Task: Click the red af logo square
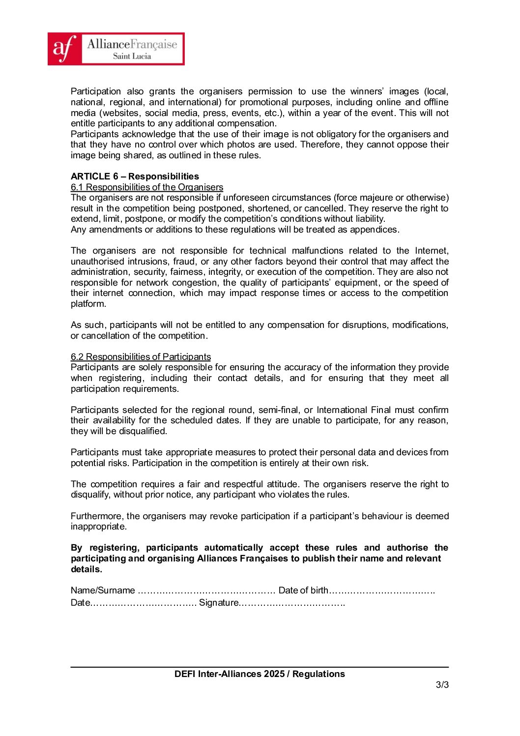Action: [x=64, y=49]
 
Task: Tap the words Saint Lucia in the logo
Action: [x=132, y=56]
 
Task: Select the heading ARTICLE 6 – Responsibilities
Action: [x=135, y=176]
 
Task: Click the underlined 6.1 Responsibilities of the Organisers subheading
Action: [x=147, y=187]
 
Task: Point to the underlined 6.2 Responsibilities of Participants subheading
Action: [x=141, y=356]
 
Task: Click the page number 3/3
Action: [x=442, y=684]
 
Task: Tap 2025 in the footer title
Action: [x=274, y=674]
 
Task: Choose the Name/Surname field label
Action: [x=103, y=590]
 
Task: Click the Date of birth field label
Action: [x=303, y=590]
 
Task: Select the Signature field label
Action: [x=219, y=602]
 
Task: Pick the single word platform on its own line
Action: [x=88, y=303]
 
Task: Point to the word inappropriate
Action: [x=98, y=526]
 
